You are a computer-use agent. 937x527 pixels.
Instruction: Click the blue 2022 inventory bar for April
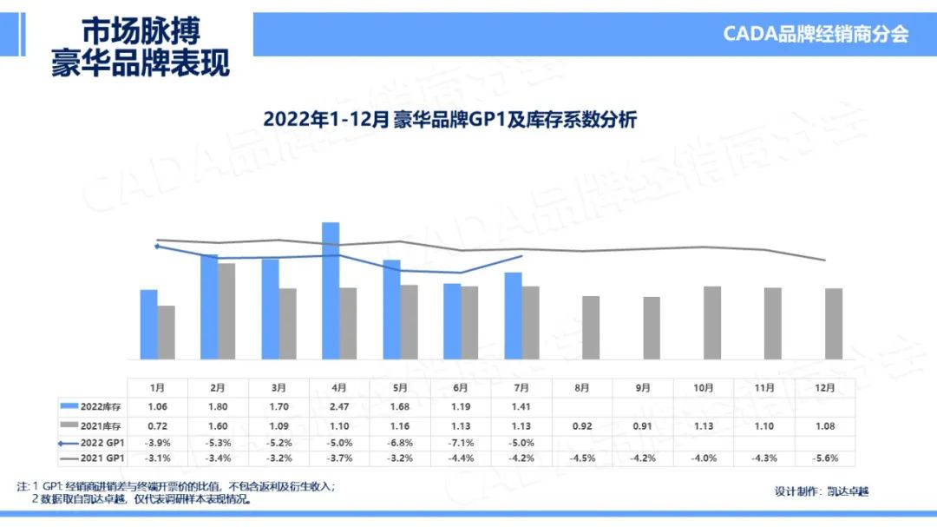click(x=331, y=291)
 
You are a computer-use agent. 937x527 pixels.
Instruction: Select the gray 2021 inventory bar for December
click(x=834, y=324)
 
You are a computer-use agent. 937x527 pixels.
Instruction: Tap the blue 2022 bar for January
click(x=148, y=325)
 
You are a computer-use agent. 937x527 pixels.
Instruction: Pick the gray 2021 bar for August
click(x=591, y=327)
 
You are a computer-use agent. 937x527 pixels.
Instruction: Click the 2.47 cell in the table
click(x=339, y=405)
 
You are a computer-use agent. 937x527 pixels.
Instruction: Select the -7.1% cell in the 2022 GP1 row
click(x=461, y=442)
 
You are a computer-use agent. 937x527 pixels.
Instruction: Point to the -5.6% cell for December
click(x=825, y=458)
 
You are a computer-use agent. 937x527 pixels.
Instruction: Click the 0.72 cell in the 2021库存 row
click(x=157, y=425)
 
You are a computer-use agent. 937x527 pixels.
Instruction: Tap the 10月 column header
click(x=704, y=387)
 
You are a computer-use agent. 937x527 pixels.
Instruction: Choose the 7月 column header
click(x=521, y=387)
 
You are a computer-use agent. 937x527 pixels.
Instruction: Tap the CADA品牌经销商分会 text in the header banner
click(x=816, y=35)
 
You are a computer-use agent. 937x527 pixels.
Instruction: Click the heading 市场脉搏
click(x=141, y=32)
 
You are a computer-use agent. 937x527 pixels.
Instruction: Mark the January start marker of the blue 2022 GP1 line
click(x=157, y=247)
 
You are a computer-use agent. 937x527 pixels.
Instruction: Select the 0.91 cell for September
click(x=643, y=425)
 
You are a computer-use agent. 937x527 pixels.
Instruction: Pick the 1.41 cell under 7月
click(x=521, y=405)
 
